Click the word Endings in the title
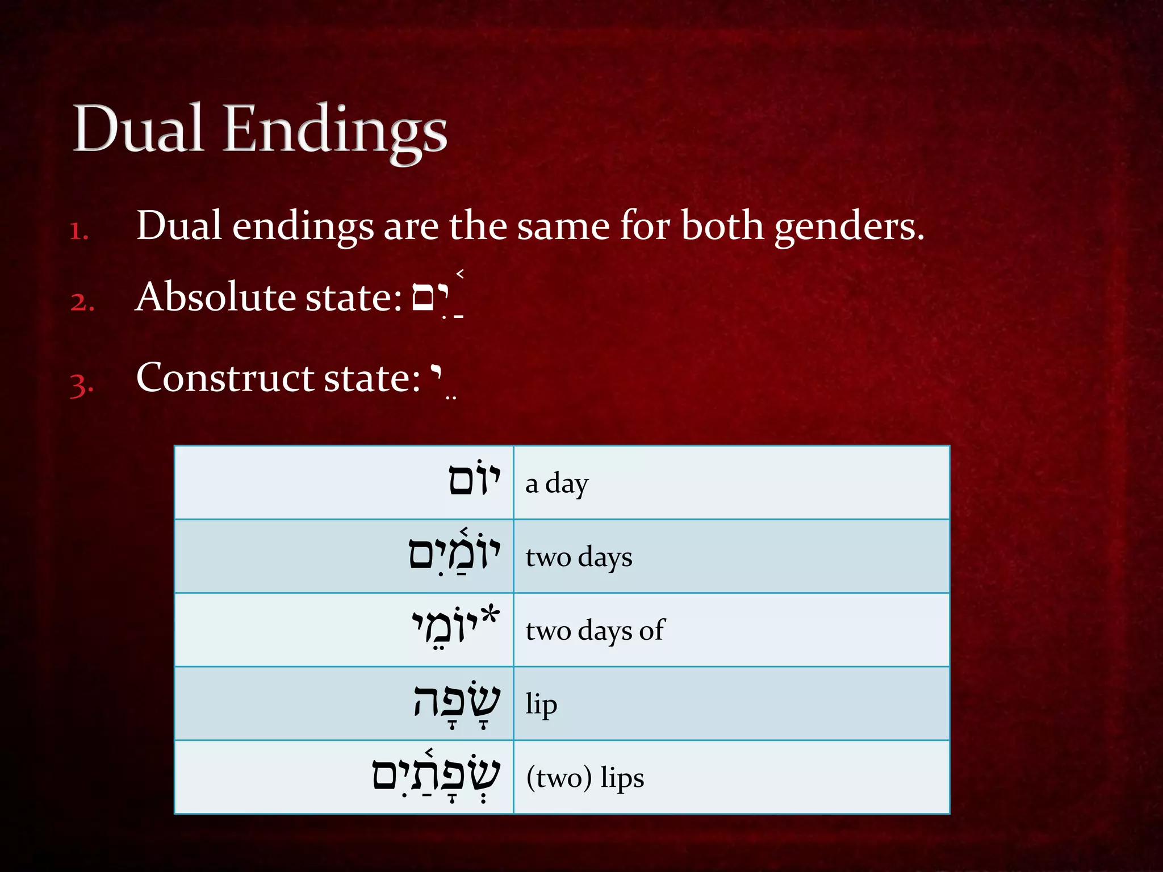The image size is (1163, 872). [335, 132]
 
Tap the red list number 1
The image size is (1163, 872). [79, 230]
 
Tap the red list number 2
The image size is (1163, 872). [82, 301]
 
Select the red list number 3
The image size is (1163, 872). [82, 384]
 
